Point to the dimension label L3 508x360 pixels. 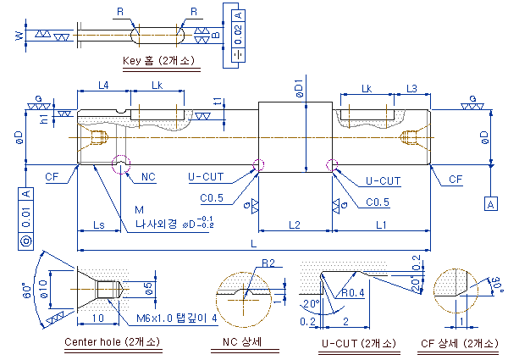tap(411, 88)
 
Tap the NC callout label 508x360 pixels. tap(148, 177)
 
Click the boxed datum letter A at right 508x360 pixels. tap(489, 204)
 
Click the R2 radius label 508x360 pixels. tap(268, 263)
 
